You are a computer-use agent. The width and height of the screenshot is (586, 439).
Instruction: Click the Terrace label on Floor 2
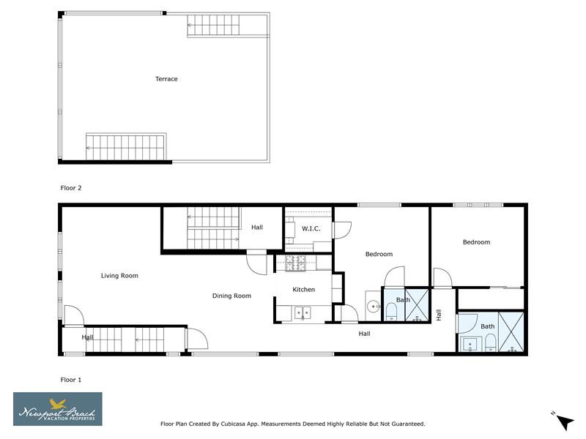(166, 79)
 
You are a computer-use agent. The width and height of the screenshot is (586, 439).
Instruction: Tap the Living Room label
(119, 276)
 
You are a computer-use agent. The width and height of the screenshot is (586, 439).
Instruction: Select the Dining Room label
(231, 296)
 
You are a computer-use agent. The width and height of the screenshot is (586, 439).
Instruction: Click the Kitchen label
(303, 290)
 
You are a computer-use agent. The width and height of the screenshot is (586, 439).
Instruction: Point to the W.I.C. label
(311, 229)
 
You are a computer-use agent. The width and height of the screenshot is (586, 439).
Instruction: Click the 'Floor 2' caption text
(71, 188)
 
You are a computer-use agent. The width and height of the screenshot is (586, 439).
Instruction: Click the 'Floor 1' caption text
(71, 380)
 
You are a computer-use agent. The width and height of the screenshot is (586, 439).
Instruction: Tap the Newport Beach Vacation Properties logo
(58, 409)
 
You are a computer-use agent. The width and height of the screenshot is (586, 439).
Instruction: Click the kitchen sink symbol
(303, 313)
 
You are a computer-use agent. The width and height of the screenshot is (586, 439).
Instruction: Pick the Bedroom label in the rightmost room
(476, 242)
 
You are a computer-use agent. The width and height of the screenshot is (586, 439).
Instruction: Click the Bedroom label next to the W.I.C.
(379, 255)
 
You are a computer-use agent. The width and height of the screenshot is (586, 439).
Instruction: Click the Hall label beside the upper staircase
(257, 228)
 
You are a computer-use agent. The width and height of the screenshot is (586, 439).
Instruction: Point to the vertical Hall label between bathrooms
(439, 315)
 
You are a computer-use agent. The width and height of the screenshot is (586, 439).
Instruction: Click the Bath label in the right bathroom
(487, 326)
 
